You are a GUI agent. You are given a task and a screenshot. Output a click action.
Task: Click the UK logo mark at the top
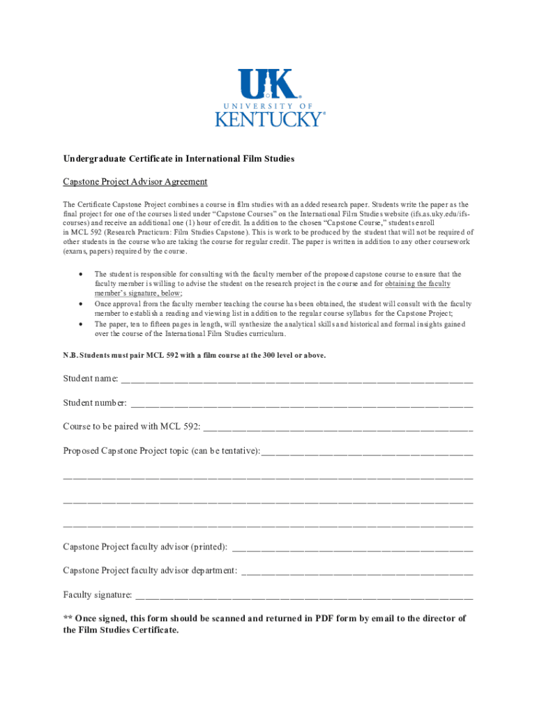click(x=268, y=84)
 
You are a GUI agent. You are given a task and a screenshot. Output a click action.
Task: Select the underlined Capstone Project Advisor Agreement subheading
click(x=135, y=182)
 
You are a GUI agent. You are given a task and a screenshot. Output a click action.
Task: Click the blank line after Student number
click(x=301, y=404)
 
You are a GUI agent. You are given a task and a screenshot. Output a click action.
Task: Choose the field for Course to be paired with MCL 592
click(x=338, y=427)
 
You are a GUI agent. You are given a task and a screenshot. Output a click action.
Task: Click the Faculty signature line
click(x=304, y=595)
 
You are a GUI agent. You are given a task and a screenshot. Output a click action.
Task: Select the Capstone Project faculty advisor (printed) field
click(x=351, y=547)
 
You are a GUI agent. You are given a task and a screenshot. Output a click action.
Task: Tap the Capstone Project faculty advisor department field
click(x=356, y=571)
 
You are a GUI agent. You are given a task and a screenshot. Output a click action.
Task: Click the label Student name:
click(x=91, y=379)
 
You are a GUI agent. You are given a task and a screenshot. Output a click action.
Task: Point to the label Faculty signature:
click(x=98, y=595)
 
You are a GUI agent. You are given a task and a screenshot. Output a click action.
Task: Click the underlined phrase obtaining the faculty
click(x=417, y=284)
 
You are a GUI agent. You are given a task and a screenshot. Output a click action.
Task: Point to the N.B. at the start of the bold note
click(x=70, y=356)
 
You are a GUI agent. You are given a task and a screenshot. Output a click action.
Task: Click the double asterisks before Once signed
click(x=68, y=618)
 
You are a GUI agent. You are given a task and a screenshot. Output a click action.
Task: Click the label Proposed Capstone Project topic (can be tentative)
click(x=161, y=451)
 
